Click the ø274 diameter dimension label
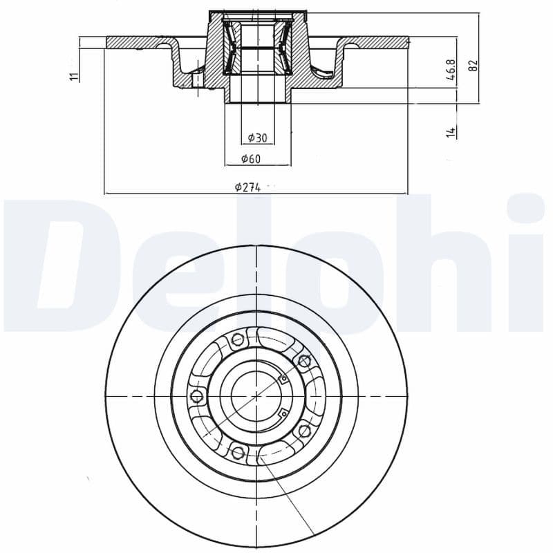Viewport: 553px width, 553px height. (247, 187)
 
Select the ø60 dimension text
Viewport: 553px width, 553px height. (251, 159)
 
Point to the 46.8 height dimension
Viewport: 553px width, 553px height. (450, 71)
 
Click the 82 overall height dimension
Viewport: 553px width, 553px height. (473, 65)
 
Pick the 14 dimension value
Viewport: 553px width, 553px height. (451, 131)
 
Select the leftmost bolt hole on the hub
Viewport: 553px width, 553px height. (196, 396)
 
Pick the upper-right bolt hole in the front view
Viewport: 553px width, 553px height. (302, 359)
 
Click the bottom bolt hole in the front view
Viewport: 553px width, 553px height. (238, 453)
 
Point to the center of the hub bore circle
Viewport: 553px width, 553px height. (256, 395)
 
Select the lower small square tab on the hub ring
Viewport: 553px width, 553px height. (282, 413)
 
